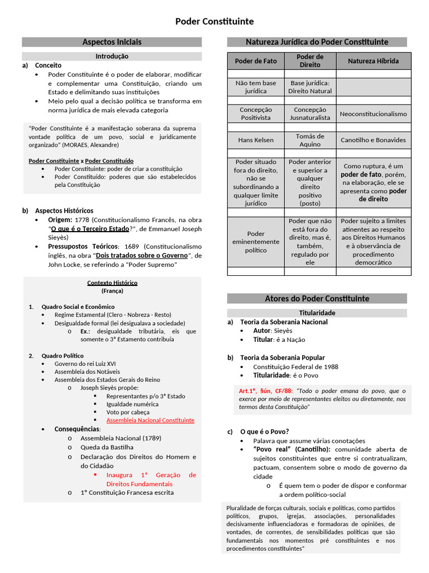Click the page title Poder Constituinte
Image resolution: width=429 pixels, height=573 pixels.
[214, 21]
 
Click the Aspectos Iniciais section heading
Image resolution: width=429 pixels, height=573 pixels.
[112, 42]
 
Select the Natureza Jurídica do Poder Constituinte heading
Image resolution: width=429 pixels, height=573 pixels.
[317, 42]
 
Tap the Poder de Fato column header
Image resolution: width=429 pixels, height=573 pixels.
[255, 61]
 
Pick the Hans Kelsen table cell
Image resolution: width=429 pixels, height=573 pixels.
[255, 140]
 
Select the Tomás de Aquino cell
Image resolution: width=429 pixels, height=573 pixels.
[310, 140]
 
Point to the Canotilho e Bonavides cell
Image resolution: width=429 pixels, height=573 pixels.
[373, 140]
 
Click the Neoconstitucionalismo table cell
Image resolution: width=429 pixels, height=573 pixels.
[373, 114]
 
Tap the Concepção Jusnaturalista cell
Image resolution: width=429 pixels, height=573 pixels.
[310, 114]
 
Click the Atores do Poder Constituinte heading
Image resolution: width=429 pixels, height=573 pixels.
[317, 298]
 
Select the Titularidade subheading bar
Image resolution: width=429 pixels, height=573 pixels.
[317, 313]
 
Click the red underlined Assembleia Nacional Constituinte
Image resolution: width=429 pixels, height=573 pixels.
[150, 420]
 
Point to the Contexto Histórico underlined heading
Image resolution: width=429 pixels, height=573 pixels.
[112, 283]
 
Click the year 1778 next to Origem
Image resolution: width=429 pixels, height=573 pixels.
[82, 219]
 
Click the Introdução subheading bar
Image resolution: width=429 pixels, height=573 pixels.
[112, 56]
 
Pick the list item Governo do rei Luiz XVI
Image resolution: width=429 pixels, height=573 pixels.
[85, 363]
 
